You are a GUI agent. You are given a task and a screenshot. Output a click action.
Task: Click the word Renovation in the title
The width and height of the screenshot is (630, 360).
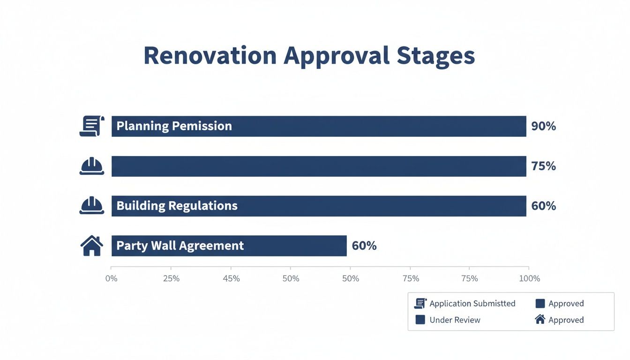[210, 56]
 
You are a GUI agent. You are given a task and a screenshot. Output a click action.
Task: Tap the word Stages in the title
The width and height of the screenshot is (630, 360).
[435, 56]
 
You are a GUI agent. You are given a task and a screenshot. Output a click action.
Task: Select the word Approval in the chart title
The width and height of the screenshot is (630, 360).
[337, 56]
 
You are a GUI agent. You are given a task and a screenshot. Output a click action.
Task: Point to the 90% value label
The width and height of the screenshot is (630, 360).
[543, 126]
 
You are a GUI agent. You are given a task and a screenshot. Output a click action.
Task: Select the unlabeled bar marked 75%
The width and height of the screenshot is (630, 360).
[319, 166]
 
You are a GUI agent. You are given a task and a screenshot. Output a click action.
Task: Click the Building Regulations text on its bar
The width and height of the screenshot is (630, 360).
[177, 206]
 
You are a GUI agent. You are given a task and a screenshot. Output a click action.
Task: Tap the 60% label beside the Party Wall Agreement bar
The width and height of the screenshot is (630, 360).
[364, 246]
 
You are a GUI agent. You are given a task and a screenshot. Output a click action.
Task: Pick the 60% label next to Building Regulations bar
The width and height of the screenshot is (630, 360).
[543, 206]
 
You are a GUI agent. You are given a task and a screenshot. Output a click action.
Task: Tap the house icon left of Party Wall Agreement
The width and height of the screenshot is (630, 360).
[92, 246]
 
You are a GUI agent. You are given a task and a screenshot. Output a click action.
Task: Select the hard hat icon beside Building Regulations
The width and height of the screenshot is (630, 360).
[92, 206]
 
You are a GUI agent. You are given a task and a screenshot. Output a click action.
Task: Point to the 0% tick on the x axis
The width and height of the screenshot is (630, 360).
[112, 278]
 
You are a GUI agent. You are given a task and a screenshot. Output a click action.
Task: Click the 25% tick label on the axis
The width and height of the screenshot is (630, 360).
[171, 278]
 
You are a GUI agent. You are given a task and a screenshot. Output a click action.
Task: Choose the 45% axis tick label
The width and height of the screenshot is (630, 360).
[231, 278]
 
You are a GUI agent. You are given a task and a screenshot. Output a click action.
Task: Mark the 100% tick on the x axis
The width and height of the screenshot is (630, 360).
[530, 278]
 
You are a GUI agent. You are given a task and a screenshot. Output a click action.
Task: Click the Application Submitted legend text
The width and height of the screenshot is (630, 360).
[472, 304]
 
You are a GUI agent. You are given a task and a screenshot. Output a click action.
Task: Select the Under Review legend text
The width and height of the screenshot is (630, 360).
[455, 320]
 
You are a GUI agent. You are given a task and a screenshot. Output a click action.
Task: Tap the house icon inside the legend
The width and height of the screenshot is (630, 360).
[540, 320]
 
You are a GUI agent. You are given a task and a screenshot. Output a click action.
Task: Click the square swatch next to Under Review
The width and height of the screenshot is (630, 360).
[420, 320]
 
